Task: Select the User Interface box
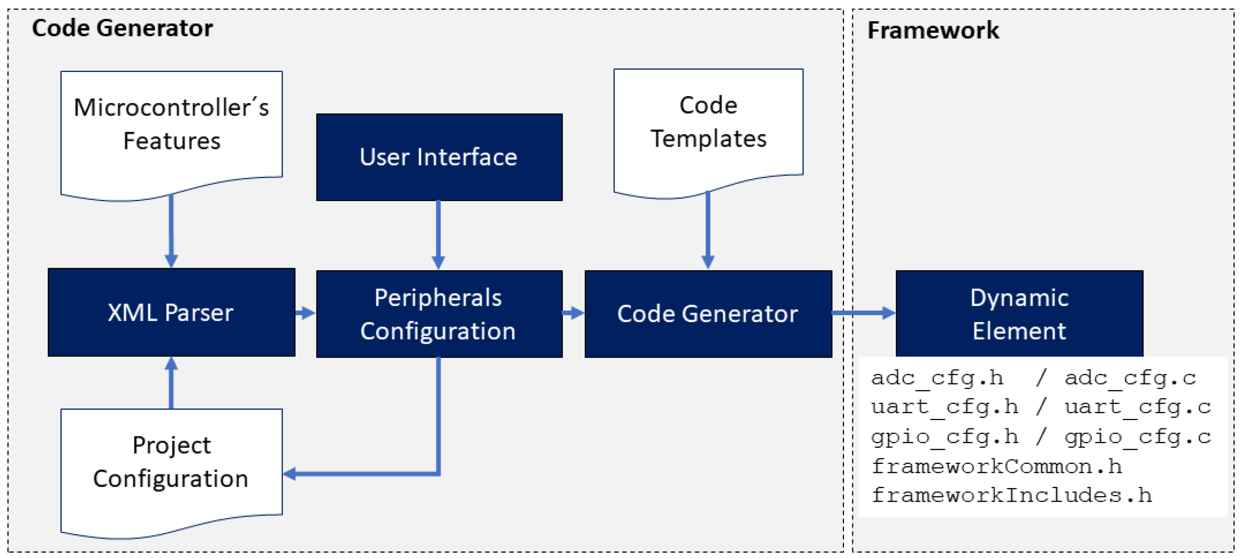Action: click(x=439, y=157)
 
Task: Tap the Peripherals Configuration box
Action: click(x=439, y=313)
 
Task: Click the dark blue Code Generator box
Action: click(x=708, y=313)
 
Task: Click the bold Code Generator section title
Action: click(x=122, y=28)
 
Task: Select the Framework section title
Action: click(x=932, y=30)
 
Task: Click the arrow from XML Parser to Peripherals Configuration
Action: click(x=305, y=313)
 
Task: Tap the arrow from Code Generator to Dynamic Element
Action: click(x=863, y=313)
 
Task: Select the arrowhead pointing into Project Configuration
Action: click(x=289, y=474)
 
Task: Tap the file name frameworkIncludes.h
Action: click(x=1011, y=495)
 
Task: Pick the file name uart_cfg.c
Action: click(x=1137, y=406)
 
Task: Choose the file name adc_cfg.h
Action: click(x=937, y=378)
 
